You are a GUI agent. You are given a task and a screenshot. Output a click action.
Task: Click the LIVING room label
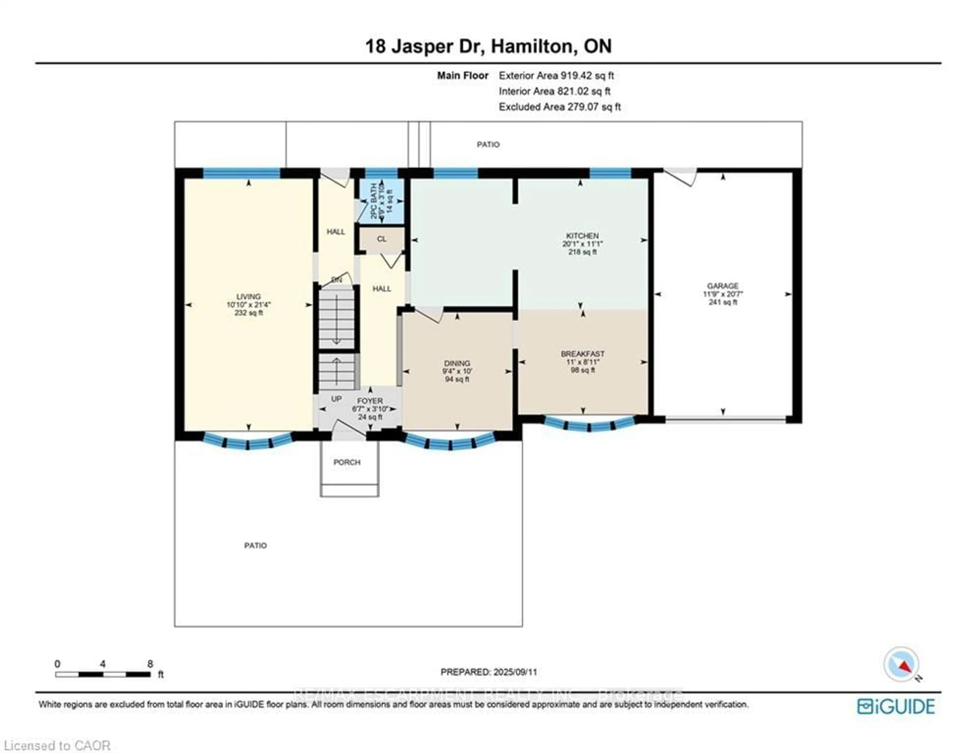pos(249,296)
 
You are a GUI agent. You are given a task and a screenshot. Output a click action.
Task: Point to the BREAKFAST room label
pos(582,354)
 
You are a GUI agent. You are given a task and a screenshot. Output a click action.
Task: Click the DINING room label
pos(457,363)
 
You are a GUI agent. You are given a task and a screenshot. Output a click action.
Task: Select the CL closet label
pos(381,239)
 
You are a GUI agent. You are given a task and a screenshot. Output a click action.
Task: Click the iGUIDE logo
pos(896,706)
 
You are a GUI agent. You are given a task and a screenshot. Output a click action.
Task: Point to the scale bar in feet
pos(103,674)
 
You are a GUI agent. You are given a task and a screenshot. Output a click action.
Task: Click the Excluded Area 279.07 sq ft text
pos(559,107)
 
